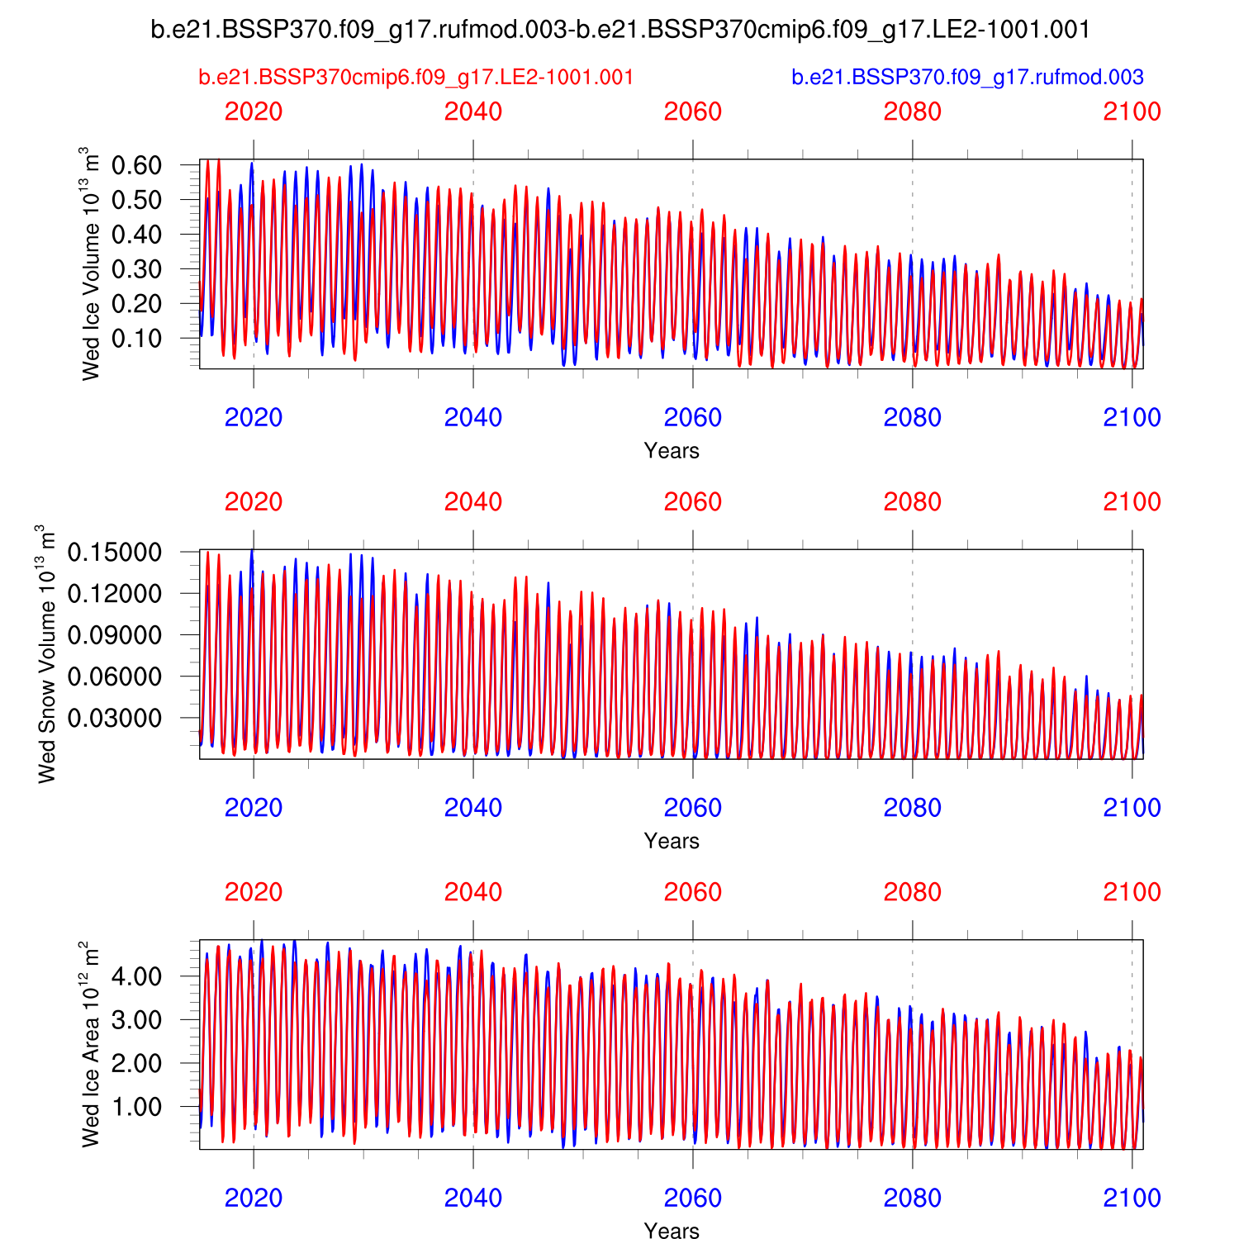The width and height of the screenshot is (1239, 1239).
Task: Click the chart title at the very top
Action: [x=620, y=30]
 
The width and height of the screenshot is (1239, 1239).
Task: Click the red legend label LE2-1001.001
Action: [x=416, y=77]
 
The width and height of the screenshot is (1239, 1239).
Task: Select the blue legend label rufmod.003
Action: [x=967, y=77]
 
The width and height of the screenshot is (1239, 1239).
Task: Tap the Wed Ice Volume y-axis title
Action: [x=90, y=263]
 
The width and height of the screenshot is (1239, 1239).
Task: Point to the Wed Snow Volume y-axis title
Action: [x=46, y=653]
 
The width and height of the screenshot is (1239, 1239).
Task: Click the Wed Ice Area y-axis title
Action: [x=90, y=1044]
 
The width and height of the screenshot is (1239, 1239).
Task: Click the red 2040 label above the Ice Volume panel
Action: [x=473, y=112]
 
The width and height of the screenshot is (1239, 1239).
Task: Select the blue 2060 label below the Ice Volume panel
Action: [x=693, y=417]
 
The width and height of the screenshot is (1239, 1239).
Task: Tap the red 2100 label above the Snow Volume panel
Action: [x=1132, y=501]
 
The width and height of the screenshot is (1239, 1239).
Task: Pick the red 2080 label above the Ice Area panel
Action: [x=913, y=892]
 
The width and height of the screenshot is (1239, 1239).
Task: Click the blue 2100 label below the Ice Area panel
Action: [x=1132, y=1198]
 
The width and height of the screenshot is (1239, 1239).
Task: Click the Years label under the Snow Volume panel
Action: [x=672, y=841]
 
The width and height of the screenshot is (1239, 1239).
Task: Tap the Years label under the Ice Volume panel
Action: [x=672, y=451]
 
